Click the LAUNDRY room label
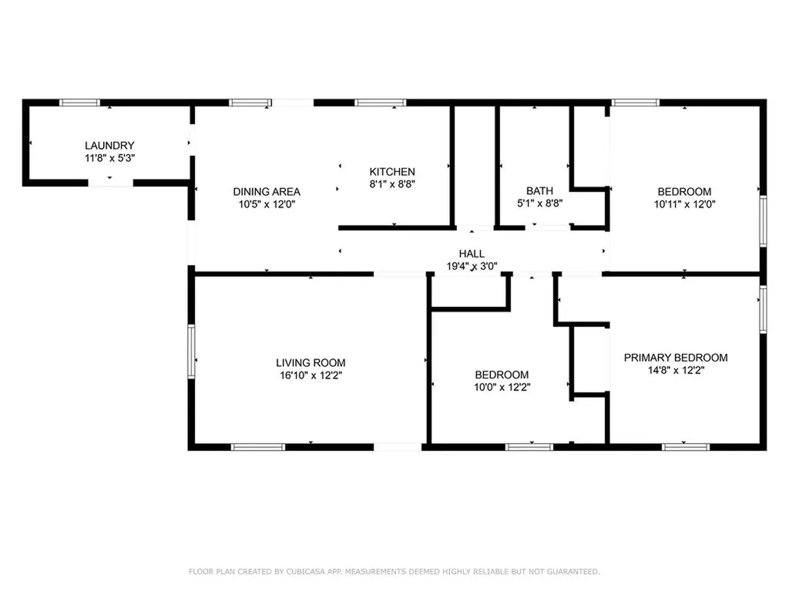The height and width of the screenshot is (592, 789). point(109,145)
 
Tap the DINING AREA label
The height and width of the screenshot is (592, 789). point(267,192)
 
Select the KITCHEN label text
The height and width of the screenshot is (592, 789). point(392,172)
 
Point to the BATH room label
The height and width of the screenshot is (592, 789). point(539,191)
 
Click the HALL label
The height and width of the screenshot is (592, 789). point(472,254)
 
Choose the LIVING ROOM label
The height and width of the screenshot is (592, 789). point(311,362)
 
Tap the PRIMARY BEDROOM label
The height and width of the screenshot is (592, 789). point(676,358)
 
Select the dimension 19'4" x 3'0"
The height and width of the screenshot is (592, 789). point(472,267)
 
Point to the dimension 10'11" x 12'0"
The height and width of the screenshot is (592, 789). point(684,204)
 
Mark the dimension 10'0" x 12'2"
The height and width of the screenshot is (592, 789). point(502,388)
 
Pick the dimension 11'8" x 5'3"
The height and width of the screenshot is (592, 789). point(109,158)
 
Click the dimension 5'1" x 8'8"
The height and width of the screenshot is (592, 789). point(539,204)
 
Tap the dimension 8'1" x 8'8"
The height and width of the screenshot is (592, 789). point(392,185)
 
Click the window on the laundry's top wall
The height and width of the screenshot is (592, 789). point(80,102)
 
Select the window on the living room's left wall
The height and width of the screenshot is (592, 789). point(191,351)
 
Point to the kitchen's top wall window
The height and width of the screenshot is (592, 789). point(380,102)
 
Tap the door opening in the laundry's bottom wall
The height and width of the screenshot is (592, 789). point(110,183)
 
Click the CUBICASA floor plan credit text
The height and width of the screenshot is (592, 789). point(394,571)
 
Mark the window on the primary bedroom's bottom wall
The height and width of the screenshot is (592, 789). point(686,446)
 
